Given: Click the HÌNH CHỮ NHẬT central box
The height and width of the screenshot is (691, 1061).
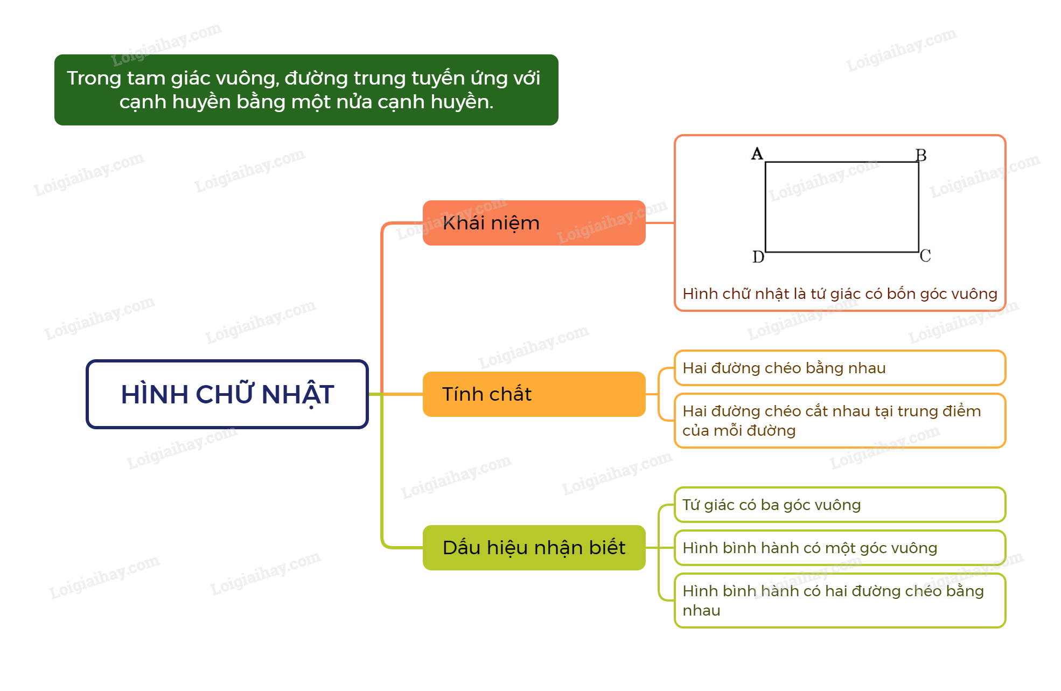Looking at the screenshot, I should click(227, 394).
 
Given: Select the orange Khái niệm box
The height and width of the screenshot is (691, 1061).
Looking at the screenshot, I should click(534, 223).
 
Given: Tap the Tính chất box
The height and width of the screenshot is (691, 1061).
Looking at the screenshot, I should click(534, 394).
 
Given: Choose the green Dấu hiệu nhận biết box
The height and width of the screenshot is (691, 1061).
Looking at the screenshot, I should click(534, 548).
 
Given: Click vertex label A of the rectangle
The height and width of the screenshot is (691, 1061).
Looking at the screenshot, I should click(757, 154).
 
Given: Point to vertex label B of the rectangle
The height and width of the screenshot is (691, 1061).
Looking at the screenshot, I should click(921, 156).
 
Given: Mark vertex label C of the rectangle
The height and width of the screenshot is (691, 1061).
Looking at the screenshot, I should click(925, 256).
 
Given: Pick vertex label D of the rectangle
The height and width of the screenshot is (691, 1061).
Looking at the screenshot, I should click(758, 257).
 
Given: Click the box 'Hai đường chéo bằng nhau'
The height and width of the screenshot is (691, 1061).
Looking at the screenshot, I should click(840, 368).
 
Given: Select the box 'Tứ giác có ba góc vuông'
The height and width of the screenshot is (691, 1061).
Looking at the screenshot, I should click(840, 505).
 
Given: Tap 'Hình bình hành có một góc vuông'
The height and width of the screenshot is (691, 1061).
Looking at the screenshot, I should click(840, 548).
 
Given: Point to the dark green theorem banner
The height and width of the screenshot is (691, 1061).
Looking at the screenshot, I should click(306, 90).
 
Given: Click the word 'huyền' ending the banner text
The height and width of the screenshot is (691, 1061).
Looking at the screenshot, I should click(465, 102).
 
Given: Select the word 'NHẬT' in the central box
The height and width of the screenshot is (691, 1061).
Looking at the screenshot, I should click(297, 394).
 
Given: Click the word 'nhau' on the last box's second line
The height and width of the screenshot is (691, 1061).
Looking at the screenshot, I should click(701, 611).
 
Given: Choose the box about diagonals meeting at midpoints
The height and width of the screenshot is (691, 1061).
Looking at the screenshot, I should click(840, 421).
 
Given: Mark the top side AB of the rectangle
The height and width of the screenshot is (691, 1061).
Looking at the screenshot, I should click(842, 162).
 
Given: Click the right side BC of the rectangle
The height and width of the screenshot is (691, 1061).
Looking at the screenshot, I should click(919, 207).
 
